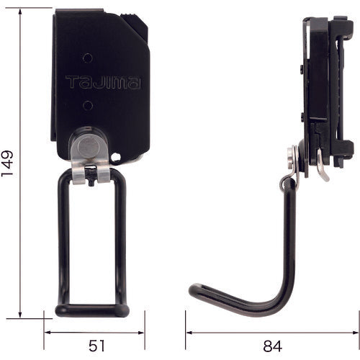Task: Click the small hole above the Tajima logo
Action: [x=87, y=57]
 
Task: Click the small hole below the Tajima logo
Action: [x=87, y=105]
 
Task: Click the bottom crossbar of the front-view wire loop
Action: [x=93, y=311]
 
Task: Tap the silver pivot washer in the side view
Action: [x=292, y=159]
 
